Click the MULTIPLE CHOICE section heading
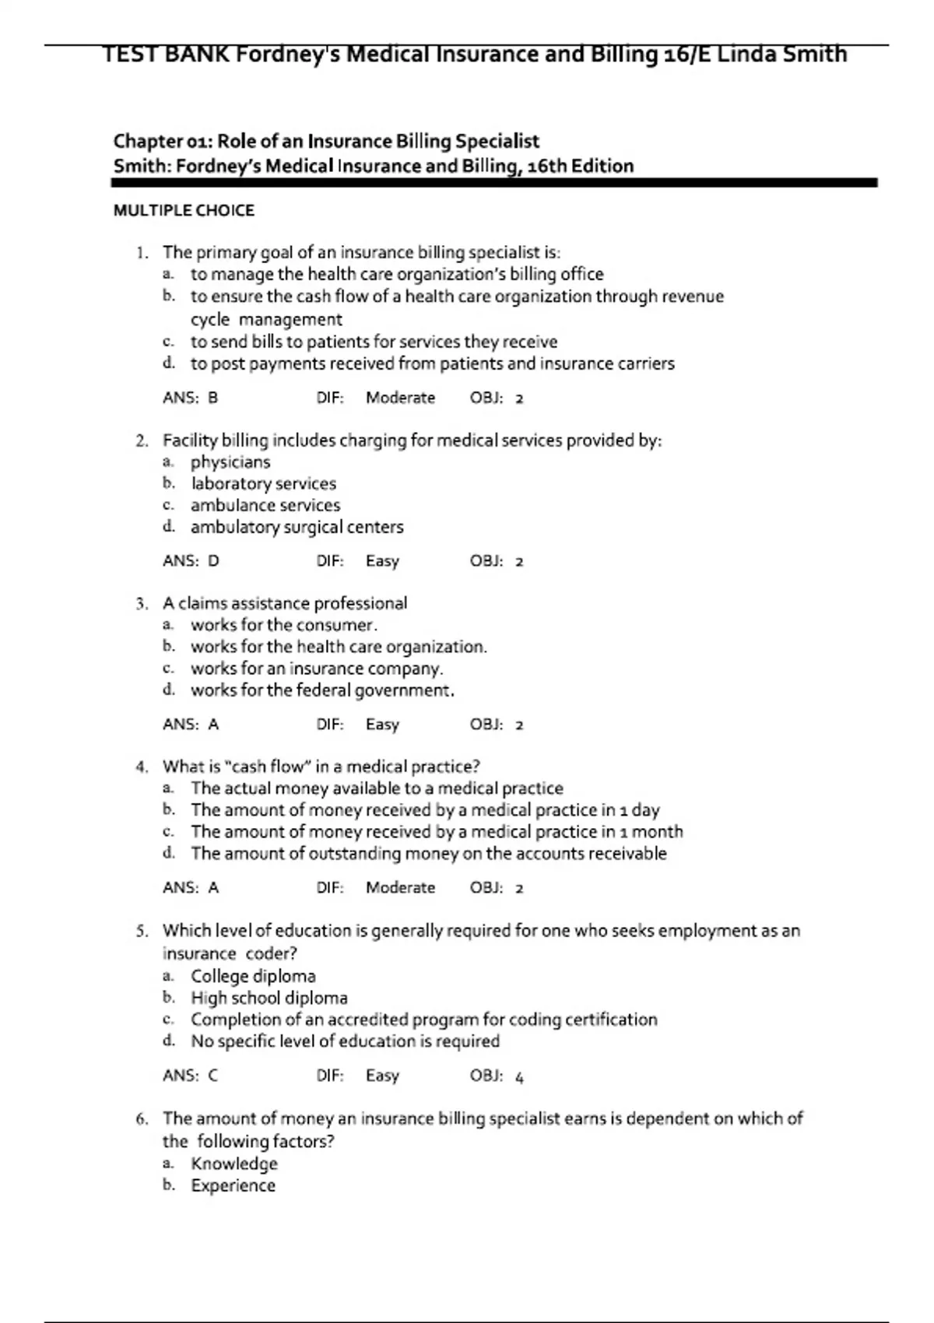(x=184, y=210)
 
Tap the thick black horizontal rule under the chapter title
(x=494, y=183)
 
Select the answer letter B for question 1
(x=212, y=398)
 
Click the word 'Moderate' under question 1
(x=400, y=398)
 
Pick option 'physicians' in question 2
(x=230, y=462)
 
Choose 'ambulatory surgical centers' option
(x=297, y=527)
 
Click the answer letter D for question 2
(x=213, y=561)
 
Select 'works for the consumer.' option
(x=283, y=625)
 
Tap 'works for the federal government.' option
(x=322, y=690)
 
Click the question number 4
(x=141, y=767)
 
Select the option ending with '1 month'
(x=437, y=832)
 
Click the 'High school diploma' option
(x=269, y=998)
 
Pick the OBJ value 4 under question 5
(x=520, y=1076)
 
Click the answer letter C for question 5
(x=212, y=1076)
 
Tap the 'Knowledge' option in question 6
(x=234, y=1163)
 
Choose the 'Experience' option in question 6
(x=233, y=1185)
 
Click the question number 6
(x=141, y=1119)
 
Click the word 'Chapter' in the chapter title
(x=148, y=142)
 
